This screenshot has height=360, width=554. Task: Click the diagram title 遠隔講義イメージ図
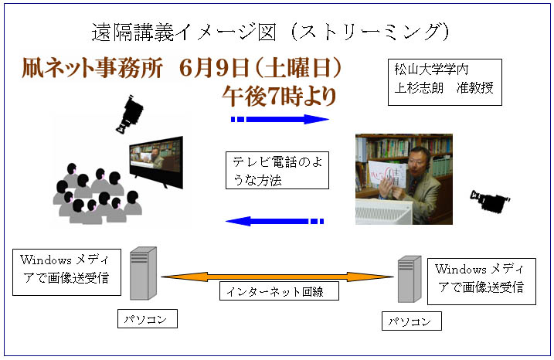point(184,32)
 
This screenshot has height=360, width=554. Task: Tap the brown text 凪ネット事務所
point(93,67)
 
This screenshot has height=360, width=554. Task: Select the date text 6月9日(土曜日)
point(260,67)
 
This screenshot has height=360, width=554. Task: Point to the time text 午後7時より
point(279,96)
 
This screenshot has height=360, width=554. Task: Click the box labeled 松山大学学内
point(445,83)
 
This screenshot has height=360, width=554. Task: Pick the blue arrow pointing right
point(280,120)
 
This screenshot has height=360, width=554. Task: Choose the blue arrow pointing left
point(274,222)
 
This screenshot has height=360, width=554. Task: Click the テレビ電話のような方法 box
point(277,170)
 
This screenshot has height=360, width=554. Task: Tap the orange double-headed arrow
point(277,277)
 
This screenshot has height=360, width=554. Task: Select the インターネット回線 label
point(279,290)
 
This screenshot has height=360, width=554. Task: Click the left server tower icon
point(143,273)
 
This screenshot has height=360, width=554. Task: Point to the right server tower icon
point(410,279)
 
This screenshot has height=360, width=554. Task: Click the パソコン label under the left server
point(148,318)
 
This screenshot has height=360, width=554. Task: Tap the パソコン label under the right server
point(412,321)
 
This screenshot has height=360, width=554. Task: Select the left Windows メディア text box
point(66,272)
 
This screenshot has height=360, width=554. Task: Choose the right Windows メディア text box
point(481,281)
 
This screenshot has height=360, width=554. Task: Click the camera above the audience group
point(130,114)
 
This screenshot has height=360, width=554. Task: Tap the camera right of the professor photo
point(490,202)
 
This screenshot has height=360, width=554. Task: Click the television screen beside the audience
point(156,161)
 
